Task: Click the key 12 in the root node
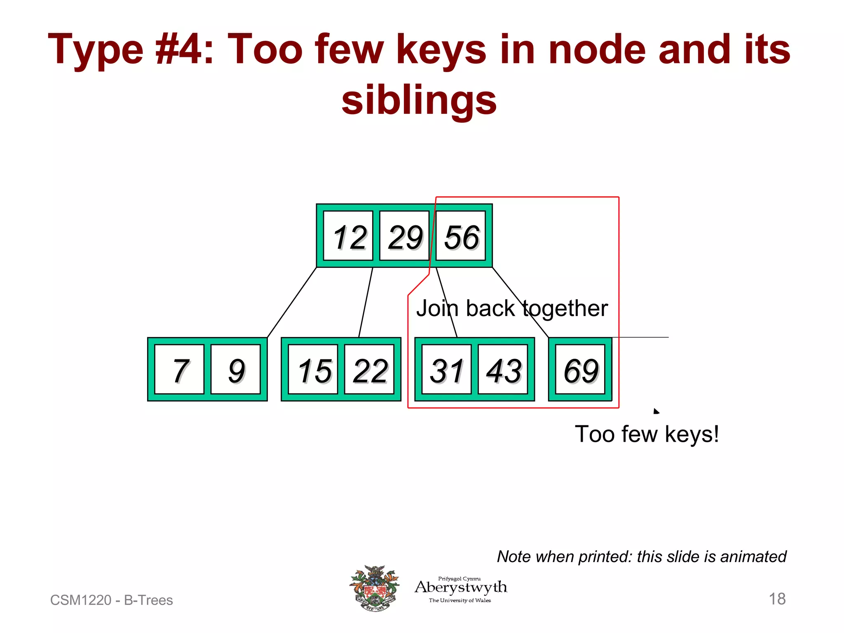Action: [348, 236]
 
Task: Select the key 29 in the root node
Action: [404, 236]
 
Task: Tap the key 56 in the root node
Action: [461, 236]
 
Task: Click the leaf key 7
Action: [179, 370]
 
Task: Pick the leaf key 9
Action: [235, 370]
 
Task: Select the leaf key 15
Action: [313, 370]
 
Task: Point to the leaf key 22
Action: [369, 370]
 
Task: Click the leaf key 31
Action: [447, 370]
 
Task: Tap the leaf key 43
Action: [503, 370]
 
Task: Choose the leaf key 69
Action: [580, 370]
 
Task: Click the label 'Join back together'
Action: [512, 308]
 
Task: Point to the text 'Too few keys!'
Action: [647, 434]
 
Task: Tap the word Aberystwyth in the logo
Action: [461, 587]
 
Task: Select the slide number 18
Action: [777, 599]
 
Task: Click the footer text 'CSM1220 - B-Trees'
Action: [111, 600]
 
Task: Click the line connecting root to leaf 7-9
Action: [292, 302]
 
